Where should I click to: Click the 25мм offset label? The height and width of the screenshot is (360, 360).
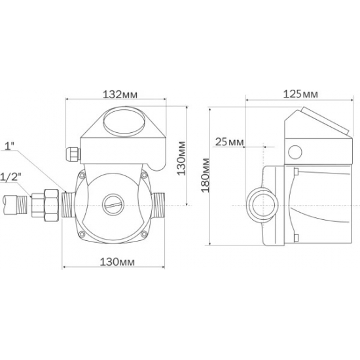(x=230, y=142)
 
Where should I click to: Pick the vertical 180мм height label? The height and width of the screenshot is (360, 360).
(x=205, y=181)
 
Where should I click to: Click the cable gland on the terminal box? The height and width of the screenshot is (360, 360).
(x=73, y=153)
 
